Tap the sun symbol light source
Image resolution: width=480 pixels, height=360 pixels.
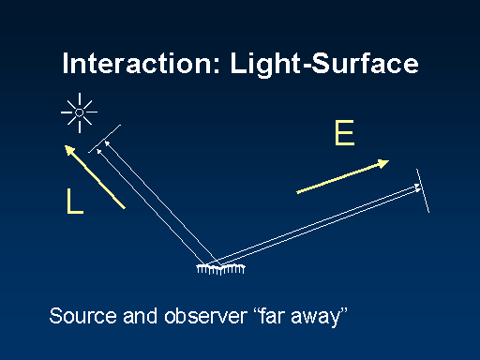point(81,112)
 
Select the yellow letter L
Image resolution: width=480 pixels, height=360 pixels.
point(74,202)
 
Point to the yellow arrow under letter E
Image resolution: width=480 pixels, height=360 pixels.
point(342,177)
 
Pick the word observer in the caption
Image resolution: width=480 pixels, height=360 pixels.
point(205,315)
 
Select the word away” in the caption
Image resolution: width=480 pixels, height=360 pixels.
point(324,316)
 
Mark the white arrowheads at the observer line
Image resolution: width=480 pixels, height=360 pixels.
point(417,188)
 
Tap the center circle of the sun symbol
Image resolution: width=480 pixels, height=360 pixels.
point(81,112)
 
